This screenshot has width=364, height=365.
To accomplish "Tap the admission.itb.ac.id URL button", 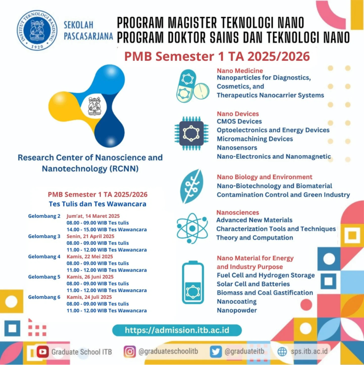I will pyautogui.click(x=177, y=330).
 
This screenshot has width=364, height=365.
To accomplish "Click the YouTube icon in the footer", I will pyautogui.click(x=43, y=352).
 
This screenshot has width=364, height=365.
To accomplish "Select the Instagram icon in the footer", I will pyautogui.click(x=129, y=352).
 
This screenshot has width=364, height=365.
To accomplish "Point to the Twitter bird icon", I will pyautogui.click(x=216, y=352).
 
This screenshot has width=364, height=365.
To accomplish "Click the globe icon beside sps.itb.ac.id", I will pyautogui.click(x=282, y=352).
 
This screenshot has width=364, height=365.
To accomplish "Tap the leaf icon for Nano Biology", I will pyautogui.click(x=191, y=186).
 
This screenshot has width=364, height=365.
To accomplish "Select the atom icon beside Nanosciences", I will pyautogui.click(x=192, y=228).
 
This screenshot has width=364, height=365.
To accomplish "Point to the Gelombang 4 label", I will pyautogui.click(x=44, y=257).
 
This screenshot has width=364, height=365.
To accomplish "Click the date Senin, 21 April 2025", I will pyautogui.click(x=90, y=236).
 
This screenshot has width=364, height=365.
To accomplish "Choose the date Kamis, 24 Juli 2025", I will pyautogui.click(x=89, y=297).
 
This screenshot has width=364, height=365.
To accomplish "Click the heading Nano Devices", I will pyautogui.click(x=238, y=114).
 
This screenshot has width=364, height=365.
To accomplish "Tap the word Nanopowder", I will pyautogui.click(x=237, y=310).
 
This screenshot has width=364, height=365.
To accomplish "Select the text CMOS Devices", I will pyautogui.click(x=239, y=121).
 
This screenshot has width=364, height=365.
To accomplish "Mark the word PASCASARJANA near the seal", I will pyautogui.click(x=88, y=36).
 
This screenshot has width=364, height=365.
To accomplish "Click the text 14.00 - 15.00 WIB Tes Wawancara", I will pyautogui.click(x=107, y=230).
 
